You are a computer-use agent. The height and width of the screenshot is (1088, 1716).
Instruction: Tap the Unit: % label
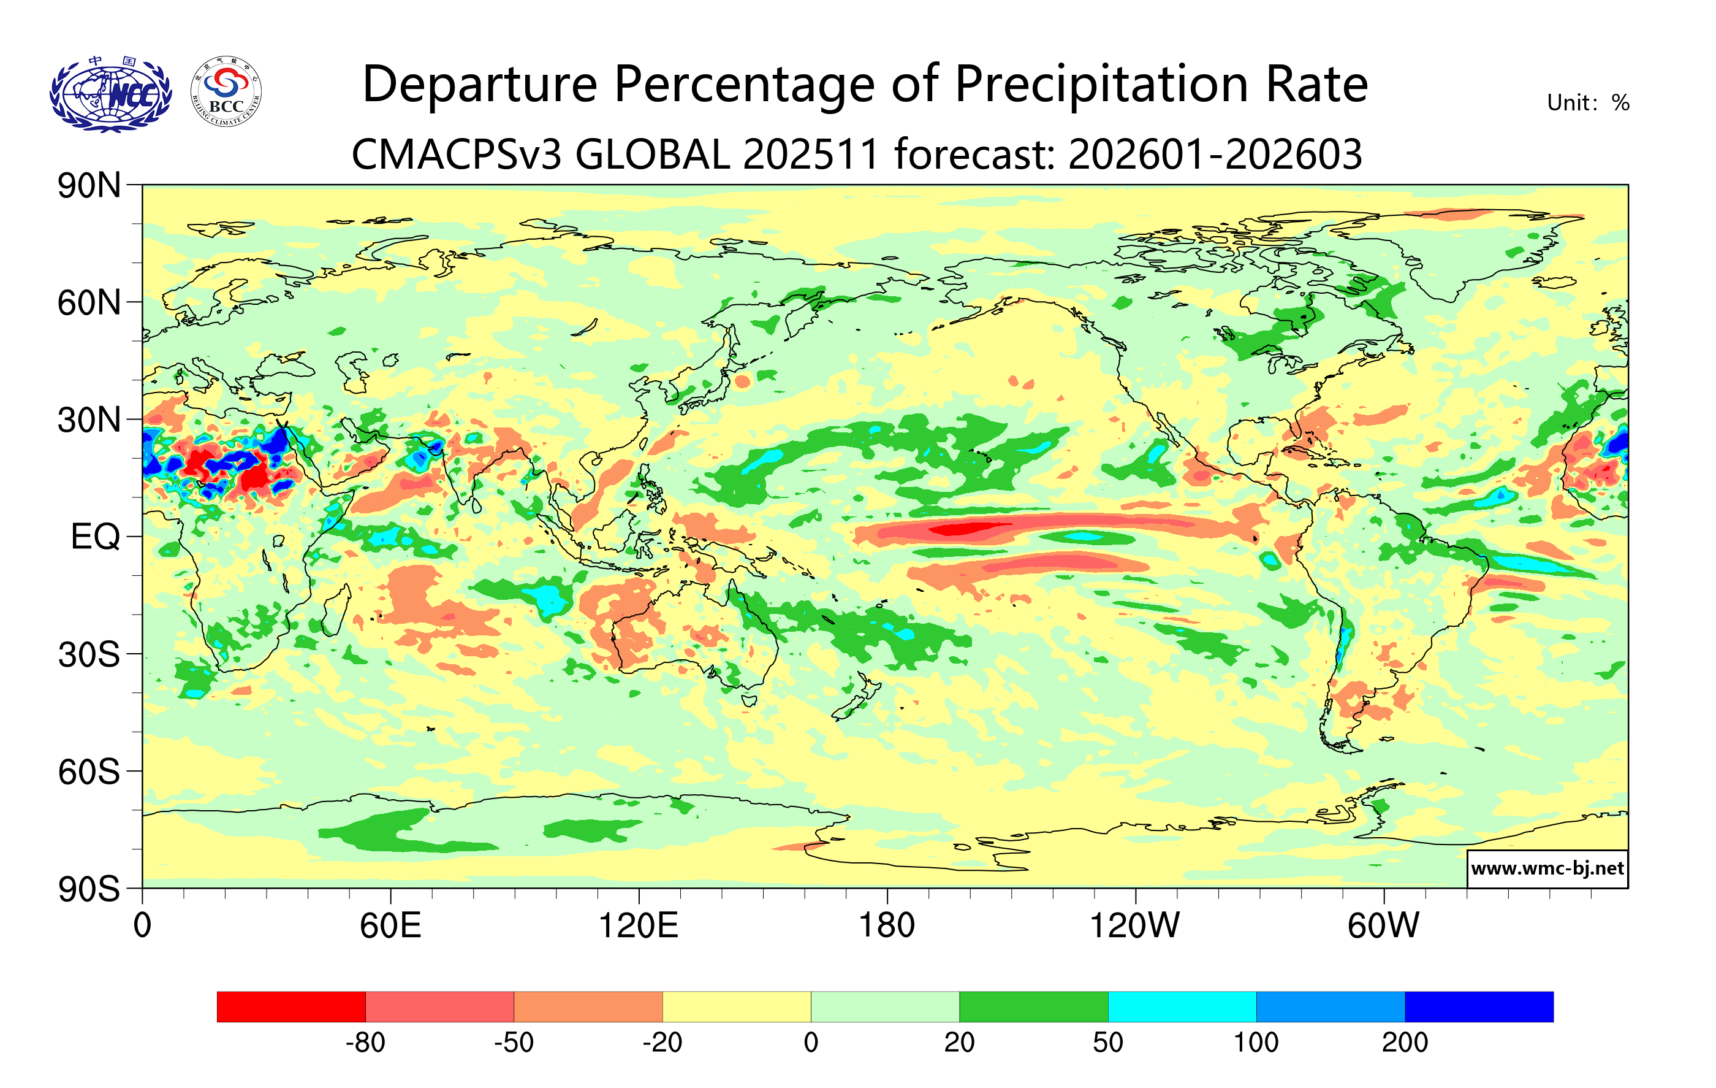[x=1588, y=104]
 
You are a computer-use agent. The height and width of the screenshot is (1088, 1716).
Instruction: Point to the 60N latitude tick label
[x=89, y=303]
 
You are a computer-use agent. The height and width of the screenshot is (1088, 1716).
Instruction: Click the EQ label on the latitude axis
[x=96, y=537]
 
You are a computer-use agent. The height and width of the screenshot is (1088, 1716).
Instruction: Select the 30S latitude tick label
[x=89, y=654]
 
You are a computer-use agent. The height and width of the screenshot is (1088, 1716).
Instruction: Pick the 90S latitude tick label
[x=89, y=889]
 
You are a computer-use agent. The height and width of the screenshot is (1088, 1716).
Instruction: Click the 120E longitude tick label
[x=638, y=926]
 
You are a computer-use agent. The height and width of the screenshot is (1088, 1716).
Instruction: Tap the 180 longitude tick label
[x=887, y=926]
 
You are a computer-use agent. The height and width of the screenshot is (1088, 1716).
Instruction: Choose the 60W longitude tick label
[x=1383, y=926]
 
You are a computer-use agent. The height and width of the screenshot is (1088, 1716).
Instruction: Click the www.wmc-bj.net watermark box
[x=1547, y=868]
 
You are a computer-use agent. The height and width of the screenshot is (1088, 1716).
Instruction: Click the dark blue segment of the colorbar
[x=1479, y=1006]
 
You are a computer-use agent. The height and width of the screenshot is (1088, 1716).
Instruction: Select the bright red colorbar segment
[x=290, y=1006]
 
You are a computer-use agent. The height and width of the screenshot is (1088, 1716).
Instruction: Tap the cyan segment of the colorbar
[x=1182, y=1006]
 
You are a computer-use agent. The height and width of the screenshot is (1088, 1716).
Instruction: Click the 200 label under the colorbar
[x=1405, y=1043]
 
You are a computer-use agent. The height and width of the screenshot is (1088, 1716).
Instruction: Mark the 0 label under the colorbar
[x=811, y=1043]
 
